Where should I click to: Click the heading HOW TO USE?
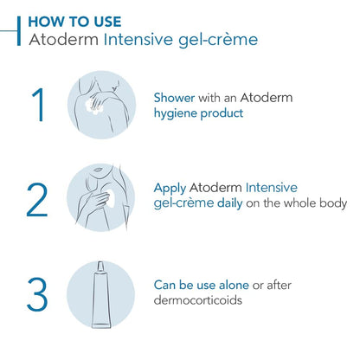(75, 20)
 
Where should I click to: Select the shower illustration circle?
(101, 104)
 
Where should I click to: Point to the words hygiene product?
(198, 113)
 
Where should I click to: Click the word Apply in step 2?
(170, 187)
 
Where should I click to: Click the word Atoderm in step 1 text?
(267, 98)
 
